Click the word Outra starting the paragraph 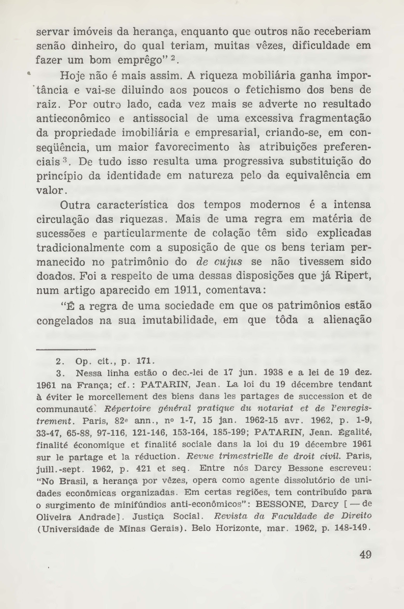pos(75,205)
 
